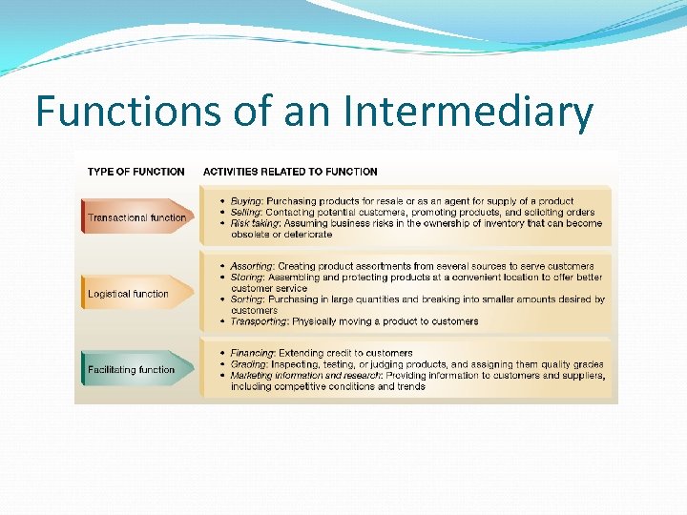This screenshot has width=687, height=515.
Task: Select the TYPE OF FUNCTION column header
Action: [135, 172]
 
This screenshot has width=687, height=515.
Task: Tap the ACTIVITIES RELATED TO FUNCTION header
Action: [290, 172]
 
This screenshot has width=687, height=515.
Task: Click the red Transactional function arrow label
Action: [136, 217]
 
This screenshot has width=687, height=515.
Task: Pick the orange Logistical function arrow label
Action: [128, 294]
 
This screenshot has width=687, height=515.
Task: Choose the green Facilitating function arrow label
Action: [131, 369]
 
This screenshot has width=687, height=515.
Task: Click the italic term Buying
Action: [246, 201]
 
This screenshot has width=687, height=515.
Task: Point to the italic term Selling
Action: [246, 213]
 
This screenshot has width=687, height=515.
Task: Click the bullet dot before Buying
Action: [222, 201]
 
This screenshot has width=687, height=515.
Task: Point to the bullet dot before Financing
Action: [222, 353]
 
